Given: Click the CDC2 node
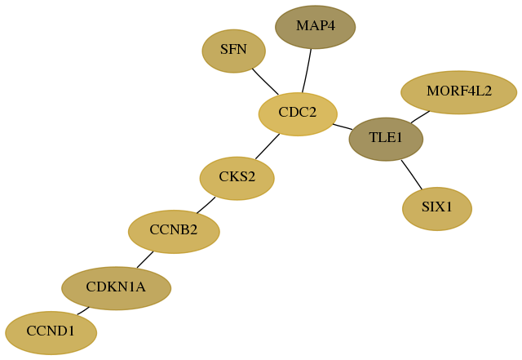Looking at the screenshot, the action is coord(298,114).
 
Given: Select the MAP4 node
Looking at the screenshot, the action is coord(316,27).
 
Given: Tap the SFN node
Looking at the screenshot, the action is coord(234,51).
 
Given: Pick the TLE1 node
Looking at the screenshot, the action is coord(386,139).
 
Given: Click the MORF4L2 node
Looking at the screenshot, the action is coord(458,92).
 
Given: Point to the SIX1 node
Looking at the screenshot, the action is coord(437,209).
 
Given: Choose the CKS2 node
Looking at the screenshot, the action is coord(237,178).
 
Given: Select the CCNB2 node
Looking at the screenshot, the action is coord(174,232).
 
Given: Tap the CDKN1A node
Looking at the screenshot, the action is coord(116,288).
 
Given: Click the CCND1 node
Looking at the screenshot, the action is coord(51,333).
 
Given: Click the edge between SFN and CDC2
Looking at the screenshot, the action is coord(265,82).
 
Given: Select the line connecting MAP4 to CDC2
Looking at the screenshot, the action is coord(307,71).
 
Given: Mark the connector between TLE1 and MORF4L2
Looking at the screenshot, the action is coord(420,117).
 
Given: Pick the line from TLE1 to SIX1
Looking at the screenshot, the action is coord(411,175).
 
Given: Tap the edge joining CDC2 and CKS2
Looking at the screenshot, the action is coord(268,146).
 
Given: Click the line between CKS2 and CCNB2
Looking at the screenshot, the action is coord(206,206).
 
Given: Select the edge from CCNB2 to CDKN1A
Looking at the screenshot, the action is coord(145,260).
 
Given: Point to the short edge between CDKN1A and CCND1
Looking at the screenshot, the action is coord(83,311).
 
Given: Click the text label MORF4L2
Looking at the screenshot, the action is coord(458,91).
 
